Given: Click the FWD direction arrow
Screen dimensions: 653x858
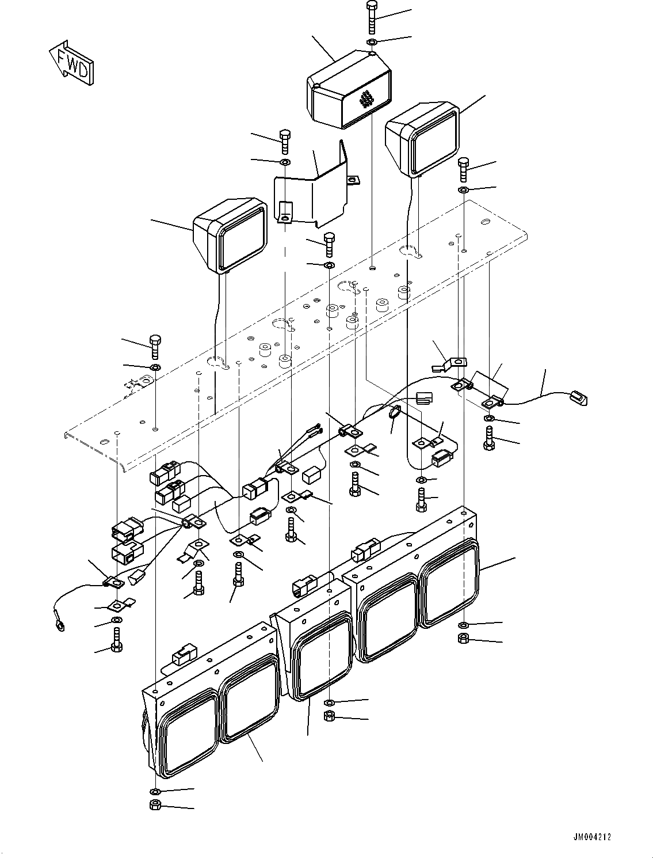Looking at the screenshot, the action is point(71,63).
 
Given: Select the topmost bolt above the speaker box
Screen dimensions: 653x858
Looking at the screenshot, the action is point(372,18).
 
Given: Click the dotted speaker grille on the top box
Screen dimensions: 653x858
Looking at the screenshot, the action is point(365,99).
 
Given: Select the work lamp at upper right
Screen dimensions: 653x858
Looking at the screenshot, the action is point(422,139).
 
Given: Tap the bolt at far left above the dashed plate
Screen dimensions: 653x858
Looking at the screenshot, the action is point(155,347).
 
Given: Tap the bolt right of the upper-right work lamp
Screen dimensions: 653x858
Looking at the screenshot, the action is point(463,170).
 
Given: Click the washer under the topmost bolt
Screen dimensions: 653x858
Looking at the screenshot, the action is point(372,42).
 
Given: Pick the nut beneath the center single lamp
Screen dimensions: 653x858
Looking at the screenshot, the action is point(330,716).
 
